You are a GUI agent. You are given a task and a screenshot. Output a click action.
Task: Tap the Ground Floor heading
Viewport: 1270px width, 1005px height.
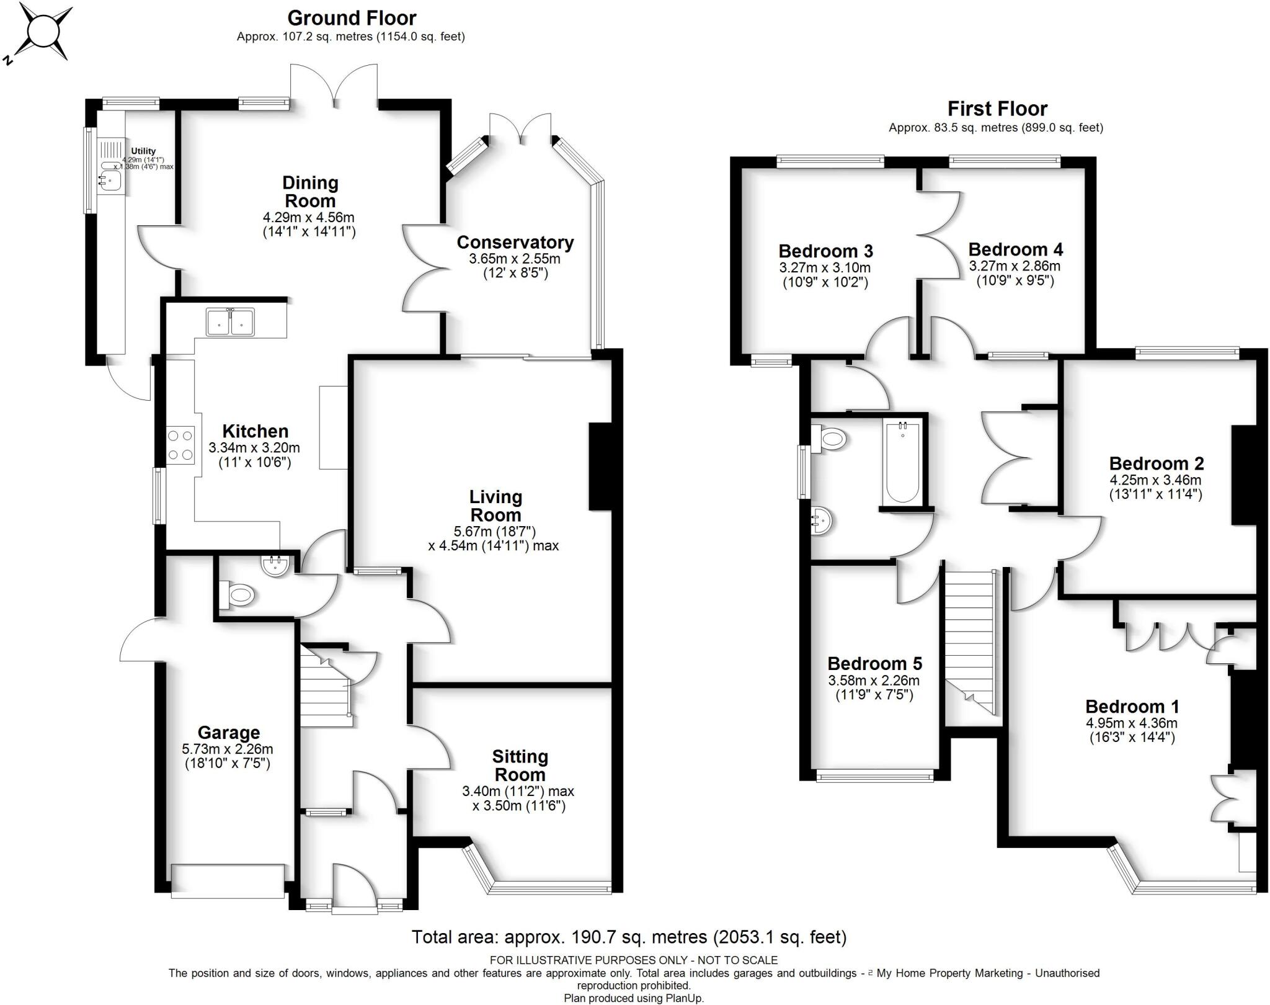point(351,18)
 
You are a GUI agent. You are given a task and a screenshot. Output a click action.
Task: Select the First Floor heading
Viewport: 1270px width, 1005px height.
point(997,109)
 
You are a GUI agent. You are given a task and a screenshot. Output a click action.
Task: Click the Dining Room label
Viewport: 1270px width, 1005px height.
point(309,192)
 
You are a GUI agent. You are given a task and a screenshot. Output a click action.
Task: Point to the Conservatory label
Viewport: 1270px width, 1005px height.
point(515,242)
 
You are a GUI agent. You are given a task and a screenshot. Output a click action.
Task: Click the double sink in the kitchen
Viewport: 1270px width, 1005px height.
point(231,322)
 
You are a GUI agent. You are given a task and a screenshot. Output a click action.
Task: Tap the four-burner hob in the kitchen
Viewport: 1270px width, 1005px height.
point(180,445)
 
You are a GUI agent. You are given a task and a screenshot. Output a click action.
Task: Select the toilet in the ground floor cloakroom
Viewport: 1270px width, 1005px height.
point(238,596)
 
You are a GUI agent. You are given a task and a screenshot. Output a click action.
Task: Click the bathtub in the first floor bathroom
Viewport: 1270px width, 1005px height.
point(902,462)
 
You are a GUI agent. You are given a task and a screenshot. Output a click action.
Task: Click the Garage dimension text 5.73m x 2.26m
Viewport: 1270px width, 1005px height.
point(228,749)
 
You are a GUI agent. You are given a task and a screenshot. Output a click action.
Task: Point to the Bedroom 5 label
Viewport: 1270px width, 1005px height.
point(874,664)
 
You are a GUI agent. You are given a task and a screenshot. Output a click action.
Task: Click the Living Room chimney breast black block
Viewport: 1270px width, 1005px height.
point(600,467)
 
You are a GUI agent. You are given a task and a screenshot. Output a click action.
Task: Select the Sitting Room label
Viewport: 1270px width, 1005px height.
point(520,766)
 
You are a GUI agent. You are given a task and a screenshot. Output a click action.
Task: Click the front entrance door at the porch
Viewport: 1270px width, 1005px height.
point(354,888)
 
